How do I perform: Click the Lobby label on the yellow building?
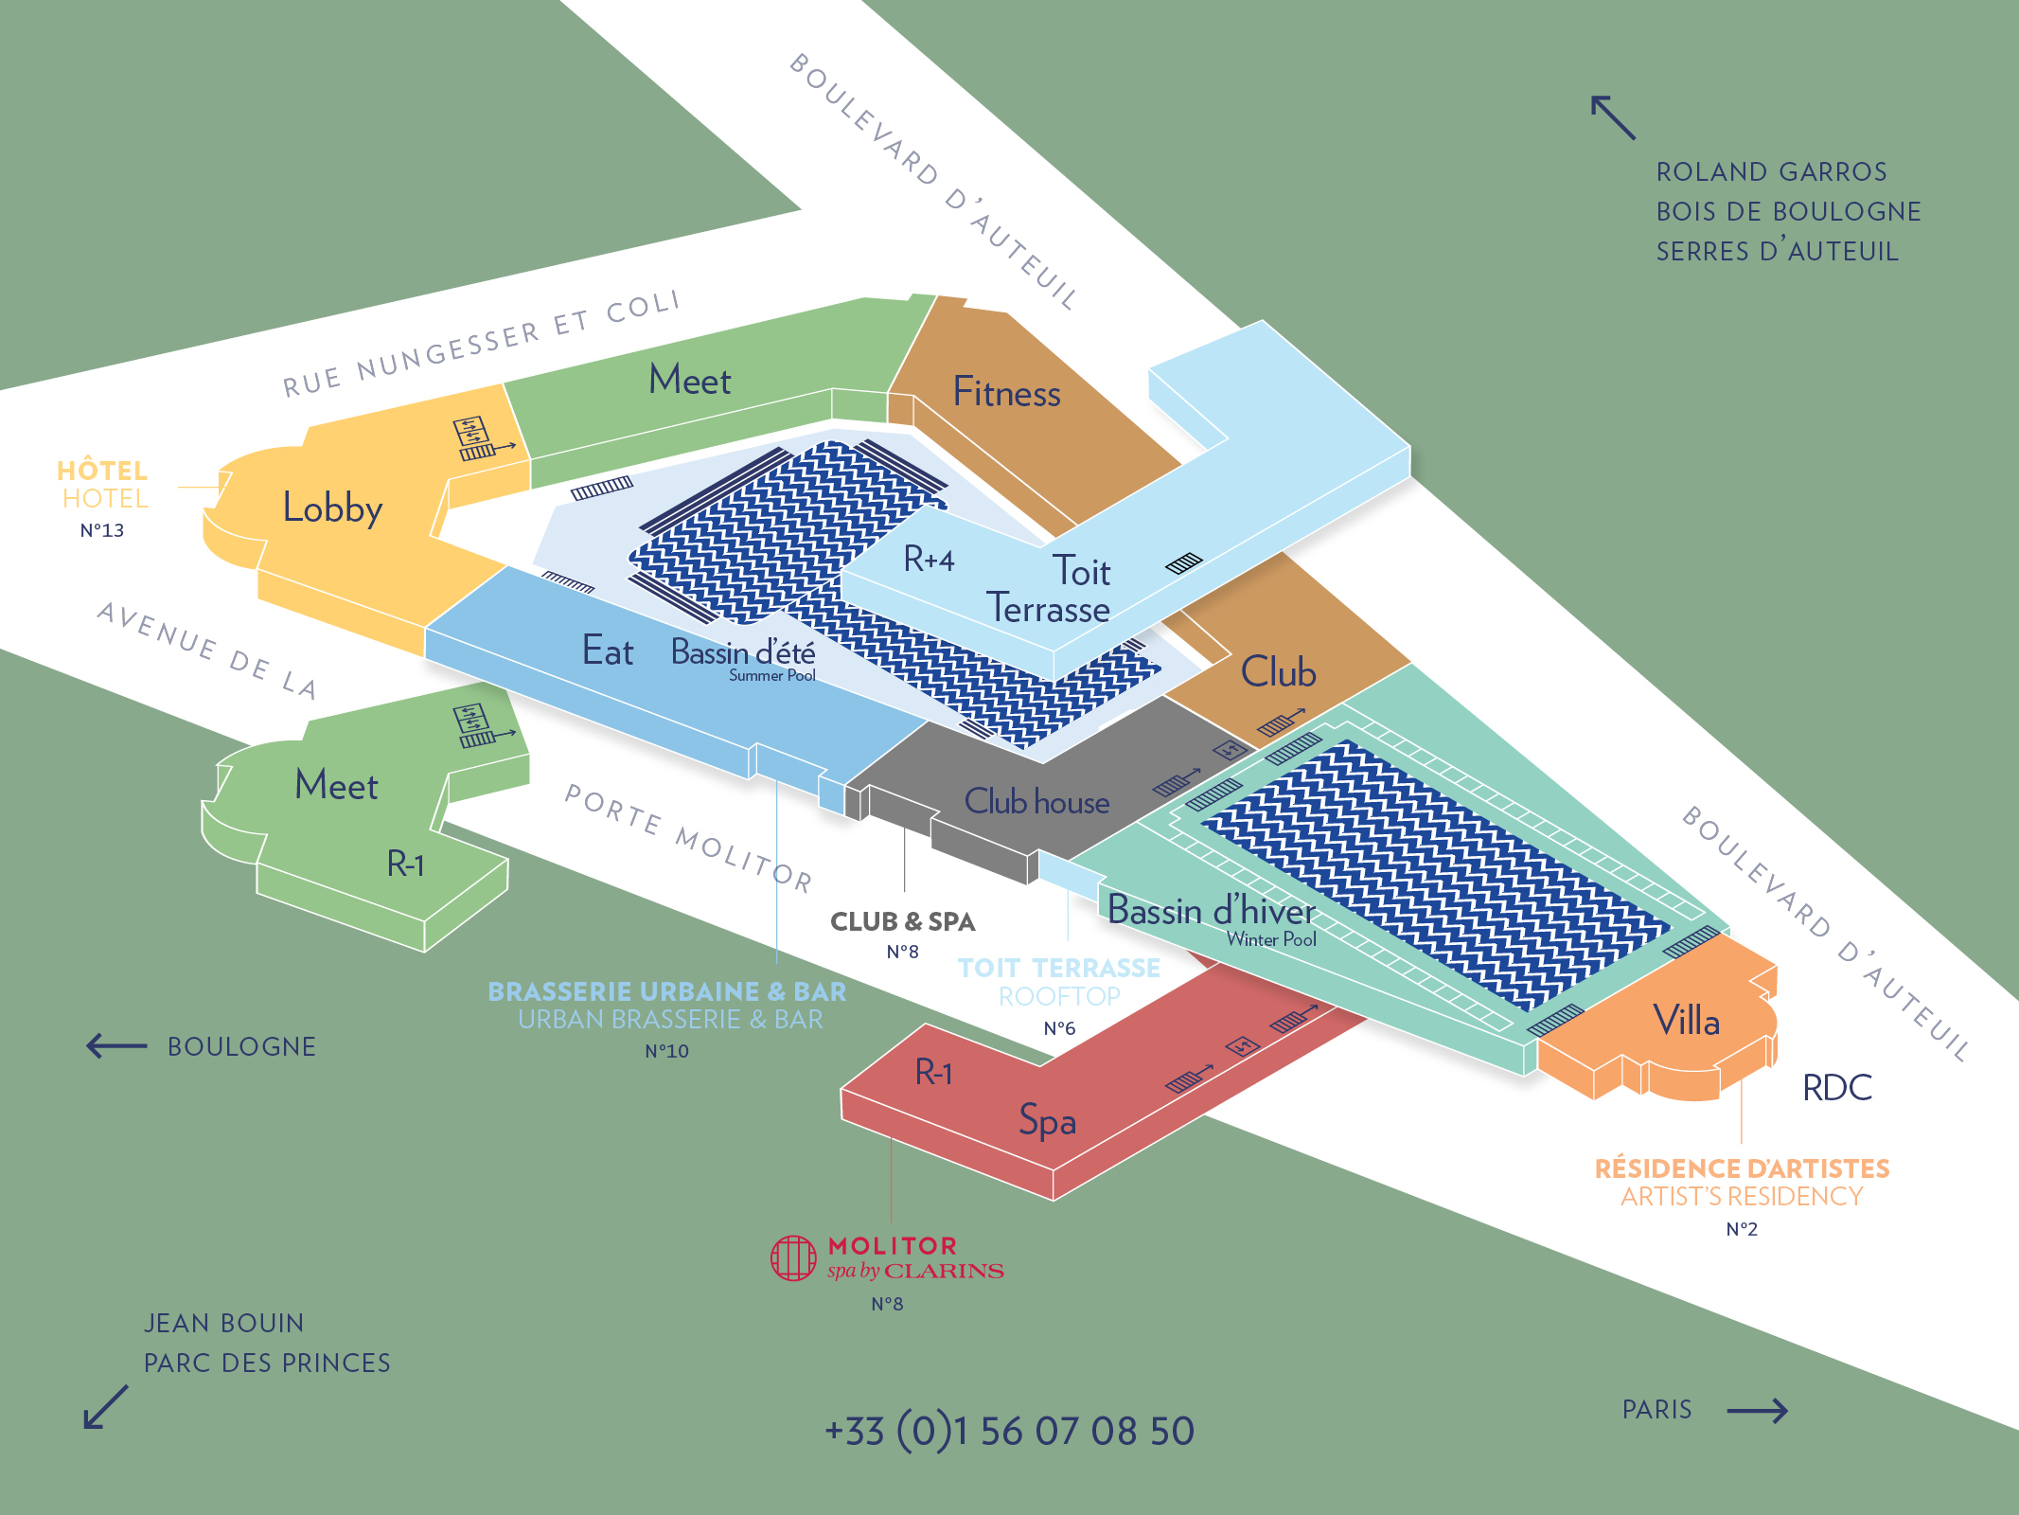tap(332, 508)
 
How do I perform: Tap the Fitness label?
tap(1006, 392)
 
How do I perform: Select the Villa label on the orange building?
tap(1686, 1021)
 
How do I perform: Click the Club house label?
tap(1036, 802)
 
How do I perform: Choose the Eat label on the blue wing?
tap(608, 651)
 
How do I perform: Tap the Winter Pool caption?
tap(1271, 939)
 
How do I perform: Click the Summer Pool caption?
tap(771, 675)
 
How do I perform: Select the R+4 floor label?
tap(929, 559)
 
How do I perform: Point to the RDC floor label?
tap(1836, 1088)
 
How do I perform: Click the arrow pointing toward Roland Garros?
tap(1613, 117)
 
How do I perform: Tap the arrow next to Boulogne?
tap(116, 1046)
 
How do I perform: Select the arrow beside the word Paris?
tap(1758, 1411)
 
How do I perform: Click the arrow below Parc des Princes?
tap(105, 1407)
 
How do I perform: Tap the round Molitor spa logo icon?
tap(793, 1258)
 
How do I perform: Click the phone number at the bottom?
tap(1009, 1431)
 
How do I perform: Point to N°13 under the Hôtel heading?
tap(101, 530)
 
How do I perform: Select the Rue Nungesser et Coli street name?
tap(482, 344)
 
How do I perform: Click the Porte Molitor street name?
tap(688, 838)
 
